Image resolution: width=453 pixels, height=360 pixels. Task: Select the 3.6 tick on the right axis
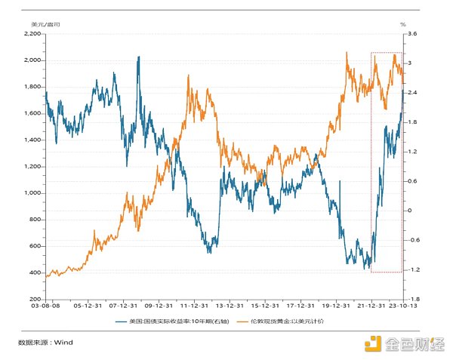pos(412,34)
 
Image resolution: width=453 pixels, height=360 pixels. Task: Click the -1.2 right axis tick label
pos(413,269)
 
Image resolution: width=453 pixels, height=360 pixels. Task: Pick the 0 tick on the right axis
pos(409,211)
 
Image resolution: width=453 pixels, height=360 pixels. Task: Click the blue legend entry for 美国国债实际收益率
pos(173,322)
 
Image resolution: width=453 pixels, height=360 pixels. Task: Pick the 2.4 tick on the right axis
pos(412,93)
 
